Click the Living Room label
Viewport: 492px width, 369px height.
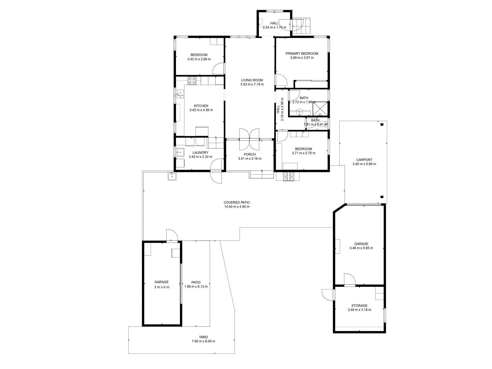tap(252, 80)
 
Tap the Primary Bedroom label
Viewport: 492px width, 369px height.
tap(302, 54)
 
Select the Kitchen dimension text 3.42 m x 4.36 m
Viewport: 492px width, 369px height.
tap(201, 110)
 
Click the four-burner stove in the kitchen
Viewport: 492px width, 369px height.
tap(192, 80)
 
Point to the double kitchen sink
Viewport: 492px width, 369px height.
tap(180, 94)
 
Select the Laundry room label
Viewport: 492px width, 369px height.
tap(200, 153)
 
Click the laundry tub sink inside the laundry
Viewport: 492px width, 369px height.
tap(180, 152)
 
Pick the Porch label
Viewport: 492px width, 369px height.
tap(250, 155)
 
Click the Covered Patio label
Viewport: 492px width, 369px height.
tap(237, 202)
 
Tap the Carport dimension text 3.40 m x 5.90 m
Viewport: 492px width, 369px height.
tap(364, 164)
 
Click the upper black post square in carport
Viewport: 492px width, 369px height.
tap(382, 125)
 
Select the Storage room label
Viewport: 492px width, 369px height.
tap(359, 306)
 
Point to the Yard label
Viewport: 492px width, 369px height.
tap(203, 337)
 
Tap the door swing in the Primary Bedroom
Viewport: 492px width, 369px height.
tap(281, 80)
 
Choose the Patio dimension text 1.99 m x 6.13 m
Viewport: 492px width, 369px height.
tap(196, 286)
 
